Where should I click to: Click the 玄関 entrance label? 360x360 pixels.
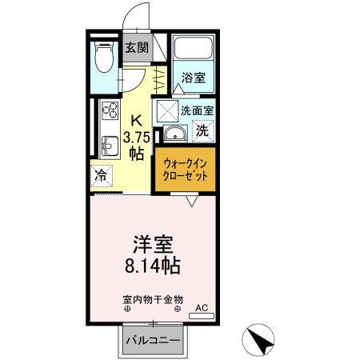pyautogui.click(x=137, y=47)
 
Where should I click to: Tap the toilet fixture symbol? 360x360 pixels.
pyautogui.click(x=102, y=58)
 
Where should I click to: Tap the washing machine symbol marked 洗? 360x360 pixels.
pyautogui.click(x=203, y=130)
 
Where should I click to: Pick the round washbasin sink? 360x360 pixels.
pyautogui.click(x=173, y=134)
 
